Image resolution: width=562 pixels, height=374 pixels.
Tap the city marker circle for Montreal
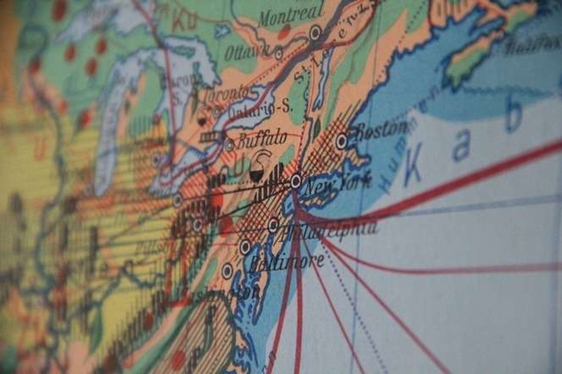(315, 33)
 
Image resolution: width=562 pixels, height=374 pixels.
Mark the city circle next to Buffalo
(229, 145)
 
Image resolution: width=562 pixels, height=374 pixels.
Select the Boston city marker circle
(341, 141)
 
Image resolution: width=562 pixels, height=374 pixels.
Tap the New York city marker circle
(296, 181)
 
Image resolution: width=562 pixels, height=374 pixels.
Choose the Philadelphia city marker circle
(273, 225)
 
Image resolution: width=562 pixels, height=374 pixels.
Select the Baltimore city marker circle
(245, 247)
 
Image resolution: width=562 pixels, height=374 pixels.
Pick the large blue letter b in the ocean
(513, 117)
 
